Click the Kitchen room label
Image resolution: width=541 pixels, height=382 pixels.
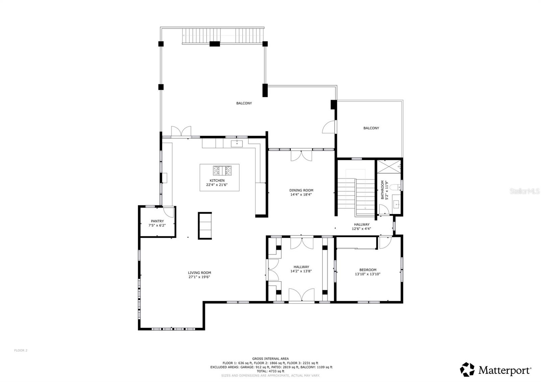click(217, 181)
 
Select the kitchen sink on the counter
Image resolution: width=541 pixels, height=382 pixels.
click(237, 144)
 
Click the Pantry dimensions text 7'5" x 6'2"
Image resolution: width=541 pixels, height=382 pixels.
click(157, 225)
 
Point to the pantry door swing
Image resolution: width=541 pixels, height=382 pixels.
click(168, 212)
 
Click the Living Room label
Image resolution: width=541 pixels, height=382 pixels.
click(199, 273)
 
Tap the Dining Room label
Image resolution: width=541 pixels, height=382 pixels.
click(301, 190)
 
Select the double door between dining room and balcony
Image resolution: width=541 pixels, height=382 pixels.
click(301, 156)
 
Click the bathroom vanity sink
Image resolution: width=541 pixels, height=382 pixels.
click(396, 204)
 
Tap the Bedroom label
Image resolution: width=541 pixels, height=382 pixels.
click(368, 270)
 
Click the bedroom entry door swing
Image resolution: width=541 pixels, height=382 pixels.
click(385, 242)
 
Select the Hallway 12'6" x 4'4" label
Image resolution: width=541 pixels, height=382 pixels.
click(361, 226)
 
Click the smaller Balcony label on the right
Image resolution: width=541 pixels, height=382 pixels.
click(371, 128)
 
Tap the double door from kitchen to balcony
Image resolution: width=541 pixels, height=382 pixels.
click(181, 132)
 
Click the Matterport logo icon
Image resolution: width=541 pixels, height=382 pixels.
click(467, 369)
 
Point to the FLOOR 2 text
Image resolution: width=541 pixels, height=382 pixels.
click(21, 351)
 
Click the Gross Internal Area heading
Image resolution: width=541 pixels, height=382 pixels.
click(270, 359)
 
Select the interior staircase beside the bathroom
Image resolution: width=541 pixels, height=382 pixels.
click(356, 193)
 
